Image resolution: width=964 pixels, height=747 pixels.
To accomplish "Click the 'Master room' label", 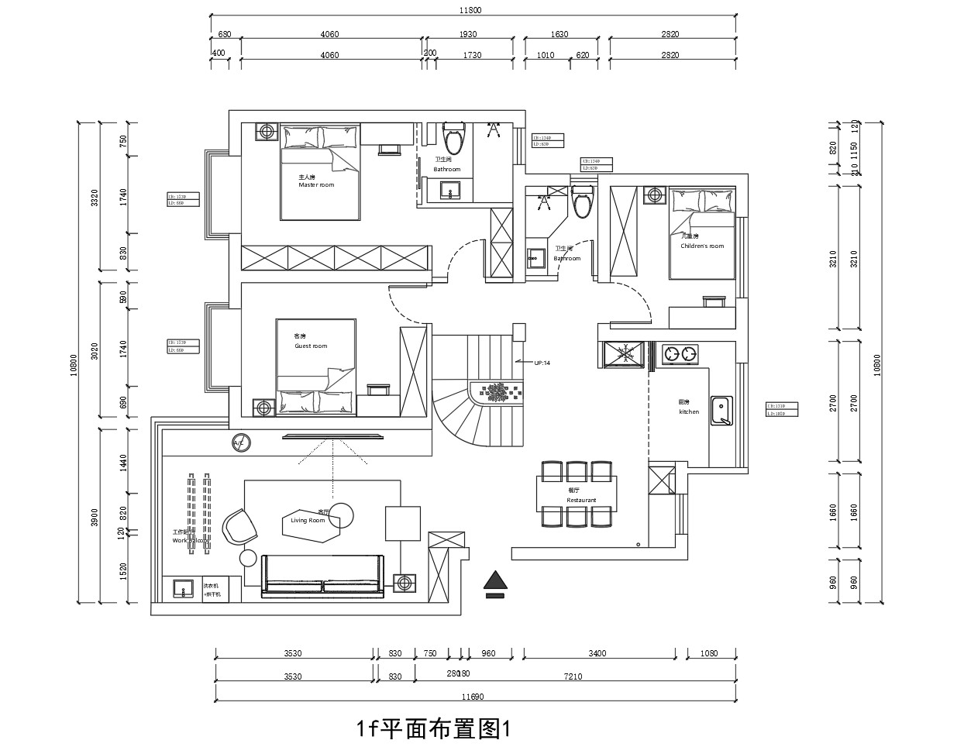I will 316,185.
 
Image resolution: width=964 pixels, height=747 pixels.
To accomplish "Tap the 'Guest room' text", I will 311,346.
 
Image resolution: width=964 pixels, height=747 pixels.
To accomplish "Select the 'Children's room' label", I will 702,246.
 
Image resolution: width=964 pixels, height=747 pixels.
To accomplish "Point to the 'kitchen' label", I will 689,412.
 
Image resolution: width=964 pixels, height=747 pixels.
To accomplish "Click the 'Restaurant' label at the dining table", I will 581,501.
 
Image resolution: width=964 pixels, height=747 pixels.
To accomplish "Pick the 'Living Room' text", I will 308,521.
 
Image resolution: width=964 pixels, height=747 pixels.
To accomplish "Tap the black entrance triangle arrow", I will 494,580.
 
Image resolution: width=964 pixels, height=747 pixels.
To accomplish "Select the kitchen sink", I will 722,411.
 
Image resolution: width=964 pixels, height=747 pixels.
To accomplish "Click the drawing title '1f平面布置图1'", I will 433,729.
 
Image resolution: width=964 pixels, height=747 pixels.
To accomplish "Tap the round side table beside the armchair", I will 249,558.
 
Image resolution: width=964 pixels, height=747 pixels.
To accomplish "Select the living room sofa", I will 323,574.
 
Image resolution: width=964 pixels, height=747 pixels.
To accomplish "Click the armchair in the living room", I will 239,526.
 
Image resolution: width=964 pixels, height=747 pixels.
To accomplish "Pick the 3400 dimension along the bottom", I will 597,653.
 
